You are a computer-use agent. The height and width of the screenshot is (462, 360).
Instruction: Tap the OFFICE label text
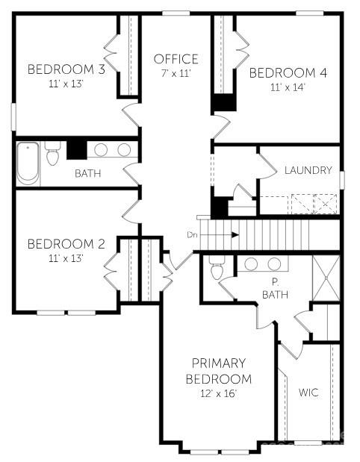(176, 59)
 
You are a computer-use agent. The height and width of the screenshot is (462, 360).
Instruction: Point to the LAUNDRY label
(308, 170)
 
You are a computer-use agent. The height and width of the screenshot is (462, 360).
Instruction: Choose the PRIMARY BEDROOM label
(218, 372)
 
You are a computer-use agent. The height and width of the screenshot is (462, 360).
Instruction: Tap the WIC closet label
(309, 393)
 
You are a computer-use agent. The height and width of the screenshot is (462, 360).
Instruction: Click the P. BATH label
(275, 289)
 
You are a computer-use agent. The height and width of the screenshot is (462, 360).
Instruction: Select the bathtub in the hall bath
(28, 163)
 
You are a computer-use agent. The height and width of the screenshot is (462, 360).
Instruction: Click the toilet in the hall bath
(52, 155)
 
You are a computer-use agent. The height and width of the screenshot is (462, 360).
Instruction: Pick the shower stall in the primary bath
(326, 278)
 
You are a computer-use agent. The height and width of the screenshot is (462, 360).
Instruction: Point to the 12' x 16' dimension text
(218, 393)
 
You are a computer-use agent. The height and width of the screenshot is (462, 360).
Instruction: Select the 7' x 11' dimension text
(176, 73)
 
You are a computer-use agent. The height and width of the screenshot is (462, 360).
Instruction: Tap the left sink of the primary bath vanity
(252, 264)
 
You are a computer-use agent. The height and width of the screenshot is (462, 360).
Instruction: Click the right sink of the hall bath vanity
(124, 150)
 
